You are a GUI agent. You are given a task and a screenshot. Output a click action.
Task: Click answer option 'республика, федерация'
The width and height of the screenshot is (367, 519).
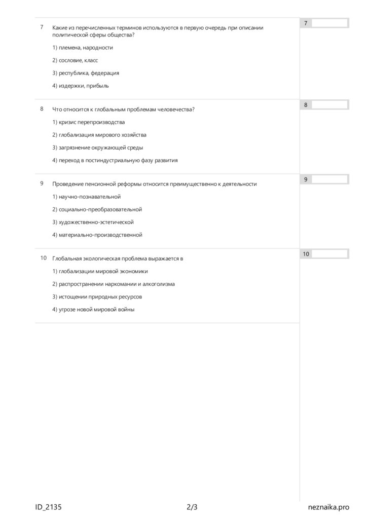click(x=86, y=73)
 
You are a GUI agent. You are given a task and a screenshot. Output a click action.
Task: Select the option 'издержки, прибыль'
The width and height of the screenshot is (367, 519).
click(x=81, y=86)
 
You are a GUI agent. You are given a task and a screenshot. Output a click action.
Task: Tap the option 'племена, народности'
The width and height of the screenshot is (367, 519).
click(x=83, y=48)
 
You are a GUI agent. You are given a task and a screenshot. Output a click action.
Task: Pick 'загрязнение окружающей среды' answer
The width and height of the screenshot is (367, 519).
click(x=97, y=147)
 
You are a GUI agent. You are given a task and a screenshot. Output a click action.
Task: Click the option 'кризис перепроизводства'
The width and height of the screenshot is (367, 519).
click(x=88, y=122)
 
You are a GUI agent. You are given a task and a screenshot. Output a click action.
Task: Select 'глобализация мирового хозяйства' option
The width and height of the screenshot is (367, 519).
click(x=99, y=135)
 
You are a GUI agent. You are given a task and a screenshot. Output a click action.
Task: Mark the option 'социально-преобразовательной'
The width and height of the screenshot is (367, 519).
click(x=97, y=209)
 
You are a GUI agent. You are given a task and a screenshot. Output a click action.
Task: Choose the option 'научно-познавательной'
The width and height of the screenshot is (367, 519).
click(x=86, y=197)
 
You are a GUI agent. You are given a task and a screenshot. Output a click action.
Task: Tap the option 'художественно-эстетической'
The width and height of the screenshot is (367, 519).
click(x=93, y=222)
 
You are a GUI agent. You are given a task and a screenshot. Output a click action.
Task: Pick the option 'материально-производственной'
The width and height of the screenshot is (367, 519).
click(x=97, y=235)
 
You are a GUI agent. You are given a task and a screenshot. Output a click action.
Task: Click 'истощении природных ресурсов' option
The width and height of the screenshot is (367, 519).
click(x=97, y=296)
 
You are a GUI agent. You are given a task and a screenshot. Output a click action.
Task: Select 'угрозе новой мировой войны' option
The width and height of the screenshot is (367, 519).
click(x=93, y=309)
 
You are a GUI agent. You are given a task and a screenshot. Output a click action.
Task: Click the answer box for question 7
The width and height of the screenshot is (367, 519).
click(x=329, y=23)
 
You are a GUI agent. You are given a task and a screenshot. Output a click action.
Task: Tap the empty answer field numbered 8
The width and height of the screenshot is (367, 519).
click(x=329, y=105)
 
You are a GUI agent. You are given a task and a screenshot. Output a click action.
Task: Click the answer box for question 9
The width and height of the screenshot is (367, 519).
click(x=329, y=179)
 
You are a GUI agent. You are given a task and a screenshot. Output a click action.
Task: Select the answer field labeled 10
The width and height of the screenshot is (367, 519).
click(x=329, y=254)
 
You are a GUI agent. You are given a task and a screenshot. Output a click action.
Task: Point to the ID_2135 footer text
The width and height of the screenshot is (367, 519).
click(x=49, y=507)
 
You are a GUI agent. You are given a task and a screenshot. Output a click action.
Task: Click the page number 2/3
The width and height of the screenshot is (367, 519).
click(x=192, y=507)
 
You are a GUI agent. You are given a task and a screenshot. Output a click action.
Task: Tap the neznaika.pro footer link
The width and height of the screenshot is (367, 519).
click(x=328, y=507)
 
